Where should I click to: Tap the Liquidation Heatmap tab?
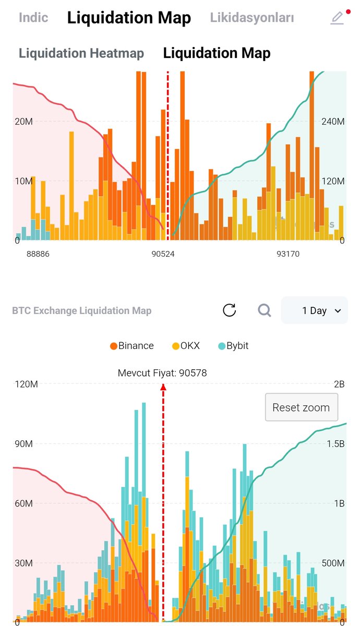point(81,53)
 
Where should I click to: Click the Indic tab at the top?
point(33,17)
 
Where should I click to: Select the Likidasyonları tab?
point(252,18)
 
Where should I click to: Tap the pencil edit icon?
point(338,18)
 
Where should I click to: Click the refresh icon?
point(229,310)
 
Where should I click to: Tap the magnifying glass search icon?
point(265,310)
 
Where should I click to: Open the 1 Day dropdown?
point(315,310)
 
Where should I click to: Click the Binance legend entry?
point(132,346)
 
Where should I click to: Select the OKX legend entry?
point(186,346)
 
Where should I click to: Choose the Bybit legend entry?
point(233,346)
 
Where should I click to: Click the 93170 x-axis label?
point(287,254)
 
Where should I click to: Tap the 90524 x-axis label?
point(163,254)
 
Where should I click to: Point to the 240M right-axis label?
point(333,122)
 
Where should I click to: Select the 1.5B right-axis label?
point(336,444)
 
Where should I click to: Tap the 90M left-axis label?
point(23,444)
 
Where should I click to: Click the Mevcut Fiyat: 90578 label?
point(162,373)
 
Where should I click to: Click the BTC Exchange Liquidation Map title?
point(81,311)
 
